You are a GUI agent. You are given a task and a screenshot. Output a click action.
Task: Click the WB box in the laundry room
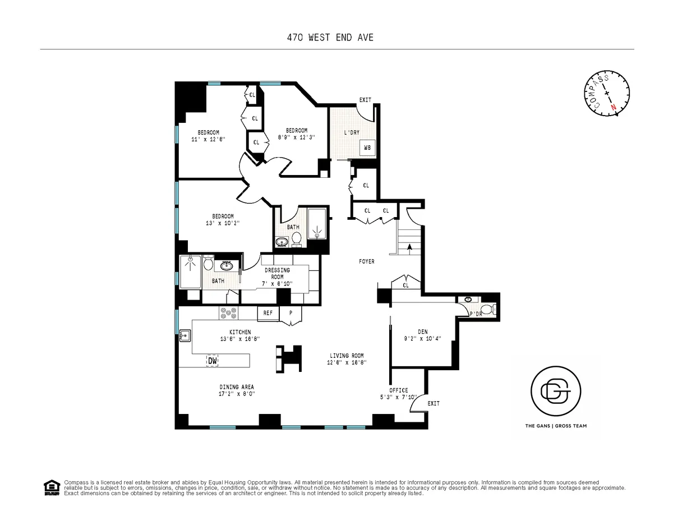click(367, 148)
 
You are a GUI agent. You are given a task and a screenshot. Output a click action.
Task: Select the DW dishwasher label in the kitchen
click(213, 361)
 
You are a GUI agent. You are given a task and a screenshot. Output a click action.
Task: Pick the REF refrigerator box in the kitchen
click(268, 313)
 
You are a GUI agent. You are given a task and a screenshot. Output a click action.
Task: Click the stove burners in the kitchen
click(230, 313)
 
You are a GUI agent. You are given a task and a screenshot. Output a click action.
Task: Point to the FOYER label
click(367, 261)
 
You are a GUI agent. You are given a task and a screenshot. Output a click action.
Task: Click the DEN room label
click(422, 332)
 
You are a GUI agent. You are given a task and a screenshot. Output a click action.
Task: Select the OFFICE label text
click(399, 390)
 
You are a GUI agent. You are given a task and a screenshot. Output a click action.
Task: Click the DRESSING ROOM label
click(277, 273)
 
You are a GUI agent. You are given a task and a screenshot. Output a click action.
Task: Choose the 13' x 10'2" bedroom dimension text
click(223, 223)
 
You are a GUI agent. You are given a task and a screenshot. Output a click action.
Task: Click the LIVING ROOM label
click(347, 356)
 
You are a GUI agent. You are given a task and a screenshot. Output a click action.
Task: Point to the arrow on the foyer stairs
click(409, 246)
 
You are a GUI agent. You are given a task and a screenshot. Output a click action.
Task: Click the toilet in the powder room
click(487, 309)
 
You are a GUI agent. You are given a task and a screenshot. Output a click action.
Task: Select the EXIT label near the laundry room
click(365, 100)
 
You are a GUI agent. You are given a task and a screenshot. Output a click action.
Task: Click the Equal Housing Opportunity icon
click(51, 487)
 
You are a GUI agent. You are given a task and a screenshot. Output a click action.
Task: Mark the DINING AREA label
click(236, 387)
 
